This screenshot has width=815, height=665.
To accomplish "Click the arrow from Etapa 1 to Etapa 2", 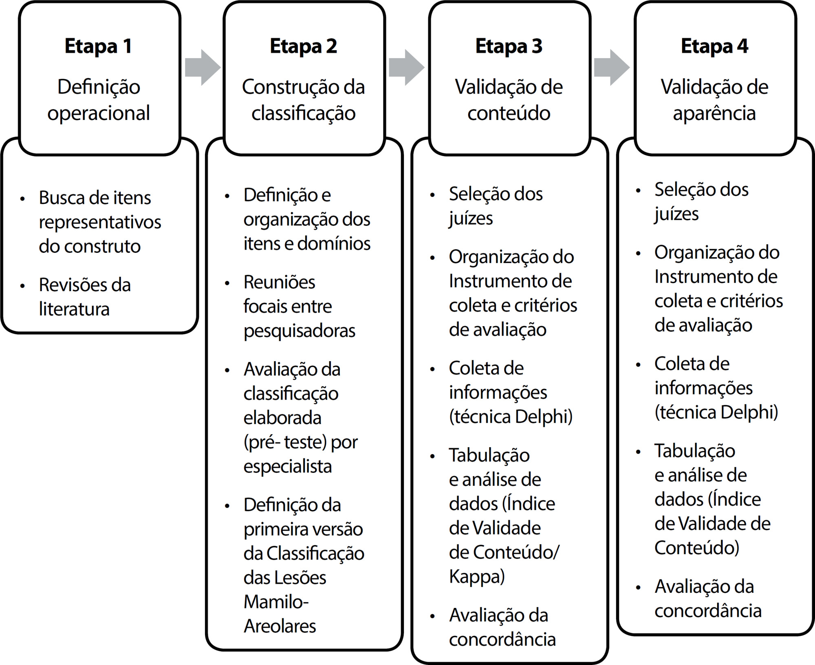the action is point(203,67).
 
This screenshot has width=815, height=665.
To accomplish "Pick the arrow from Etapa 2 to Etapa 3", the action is point(407,67).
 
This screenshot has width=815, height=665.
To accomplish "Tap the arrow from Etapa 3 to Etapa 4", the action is point(612,67).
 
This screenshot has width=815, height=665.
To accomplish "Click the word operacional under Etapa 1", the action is point(99,114).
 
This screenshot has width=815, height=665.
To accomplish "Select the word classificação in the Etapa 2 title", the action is point(304,114).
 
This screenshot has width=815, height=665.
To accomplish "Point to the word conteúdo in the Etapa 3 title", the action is point(509,113).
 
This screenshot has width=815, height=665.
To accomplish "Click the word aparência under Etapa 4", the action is point(714,114).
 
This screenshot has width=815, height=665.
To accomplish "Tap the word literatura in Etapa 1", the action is point(74,309).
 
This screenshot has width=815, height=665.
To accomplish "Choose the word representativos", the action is point(100,223).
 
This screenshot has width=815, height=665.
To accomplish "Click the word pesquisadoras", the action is point(300,331).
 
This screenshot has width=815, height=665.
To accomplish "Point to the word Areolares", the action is point(280,626).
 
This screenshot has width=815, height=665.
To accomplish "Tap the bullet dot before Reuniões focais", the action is point(227,283).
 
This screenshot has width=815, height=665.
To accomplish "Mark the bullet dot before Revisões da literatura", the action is point(22,286).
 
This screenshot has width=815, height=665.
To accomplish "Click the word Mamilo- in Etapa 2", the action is point(276,602).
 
